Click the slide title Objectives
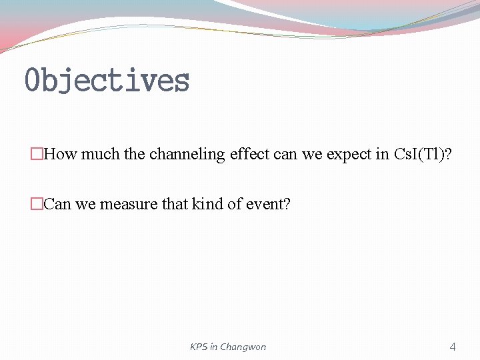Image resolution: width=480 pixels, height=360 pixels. (x=107, y=81)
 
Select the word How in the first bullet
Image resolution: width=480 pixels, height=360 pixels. (x=61, y=155)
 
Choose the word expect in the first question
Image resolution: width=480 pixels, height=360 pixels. (x=349, y=155)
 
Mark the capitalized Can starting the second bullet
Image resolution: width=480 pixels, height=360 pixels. (x=57, y=204)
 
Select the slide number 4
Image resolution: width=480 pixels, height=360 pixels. (x=453, y=347)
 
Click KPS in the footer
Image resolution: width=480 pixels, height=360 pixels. (x=199, y=347)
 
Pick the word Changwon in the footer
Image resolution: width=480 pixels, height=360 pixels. (x=243, y=347)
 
